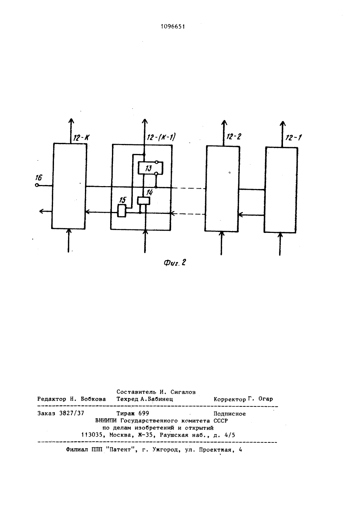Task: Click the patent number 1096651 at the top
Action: (173, 27)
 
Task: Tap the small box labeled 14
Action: (144, 201)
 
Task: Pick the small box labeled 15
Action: (122, 211)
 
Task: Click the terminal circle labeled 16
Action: (37, 185)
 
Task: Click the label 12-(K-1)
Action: (161, 137)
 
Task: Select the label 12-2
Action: (234, 136)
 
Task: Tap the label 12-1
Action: (293, 138)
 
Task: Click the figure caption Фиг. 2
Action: (175, 263)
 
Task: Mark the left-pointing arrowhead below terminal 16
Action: (42, 211)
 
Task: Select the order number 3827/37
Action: (72, 413)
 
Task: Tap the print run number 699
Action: (144, 413)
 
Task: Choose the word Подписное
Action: (230, 414)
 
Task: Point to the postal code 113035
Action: (92, 435)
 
